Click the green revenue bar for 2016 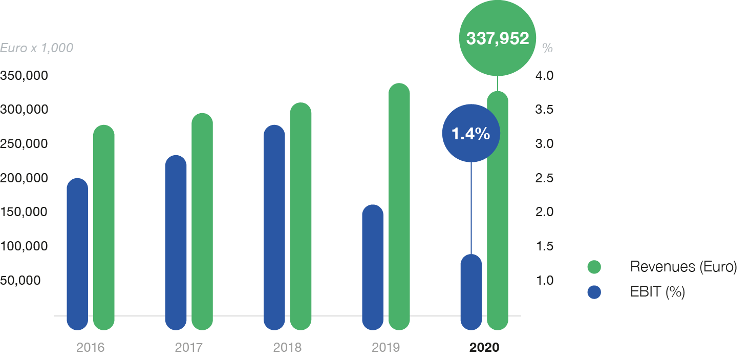pos(104,228)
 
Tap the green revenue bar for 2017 pos(202,222)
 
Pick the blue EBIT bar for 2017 pos(176,243)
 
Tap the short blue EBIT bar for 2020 pos(471,292)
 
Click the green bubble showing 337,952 pos(497,38)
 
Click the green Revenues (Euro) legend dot pos(594,267)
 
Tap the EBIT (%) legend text pos(657,292)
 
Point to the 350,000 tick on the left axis pos(24,76)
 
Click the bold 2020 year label pos(484,348)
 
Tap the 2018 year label pos(287,348)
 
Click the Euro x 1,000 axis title pos(36,48)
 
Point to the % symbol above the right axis pos(547,49)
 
